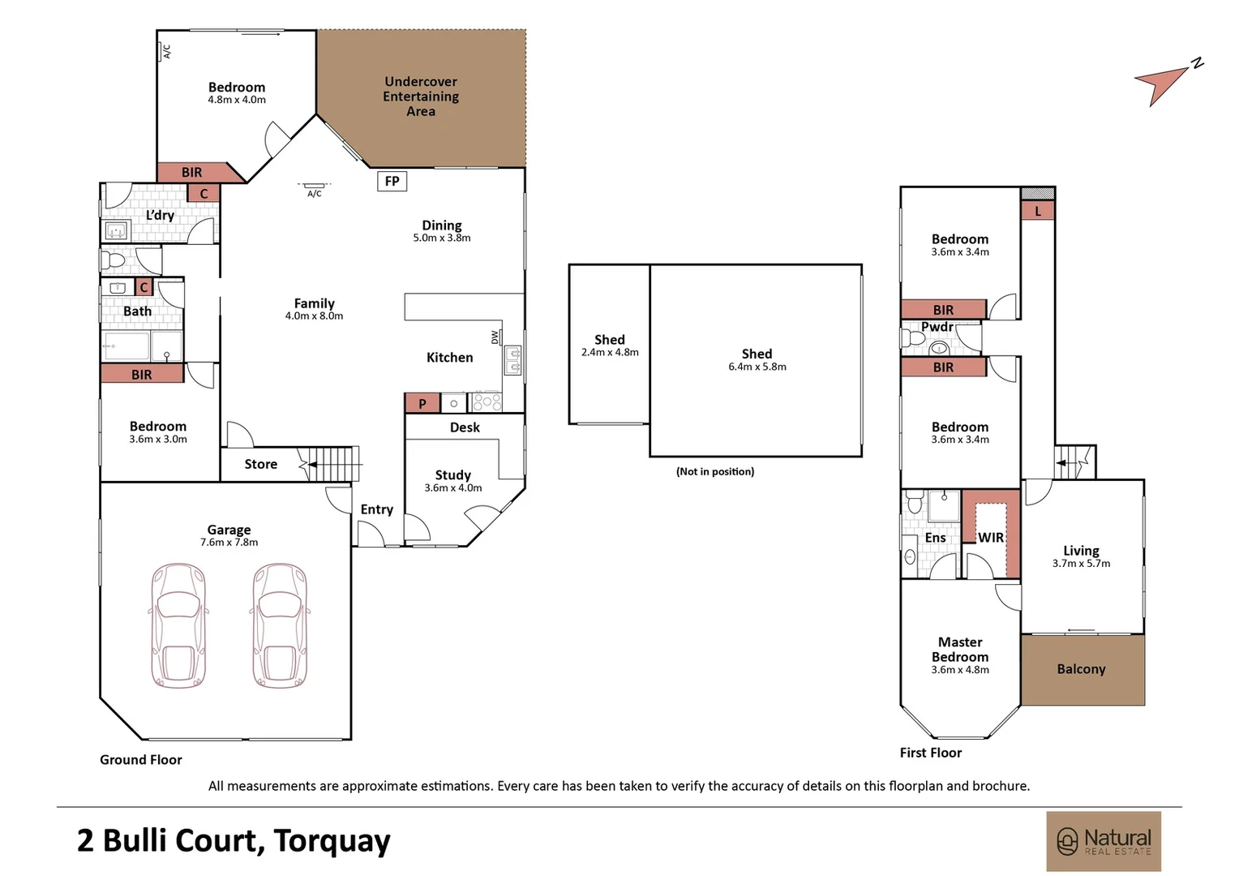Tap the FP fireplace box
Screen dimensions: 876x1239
(x=392, y=181)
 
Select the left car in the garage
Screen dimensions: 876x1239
(x=178, y=625)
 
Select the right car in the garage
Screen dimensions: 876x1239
(x=280, y=625)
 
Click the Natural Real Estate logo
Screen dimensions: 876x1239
(x=1103, y=841)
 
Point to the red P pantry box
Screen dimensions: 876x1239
(x=422, y=403)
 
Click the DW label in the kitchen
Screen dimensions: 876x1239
(x=495, y=337)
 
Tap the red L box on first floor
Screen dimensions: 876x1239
(x=1037, y=211)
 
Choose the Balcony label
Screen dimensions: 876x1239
(x=1081, y=669)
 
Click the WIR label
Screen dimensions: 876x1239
(x=990, y=538)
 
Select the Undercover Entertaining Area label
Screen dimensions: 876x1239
(x=421, y=97)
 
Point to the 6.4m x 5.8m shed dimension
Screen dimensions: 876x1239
(x=757, y=367)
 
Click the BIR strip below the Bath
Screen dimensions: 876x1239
(x=142, y=374)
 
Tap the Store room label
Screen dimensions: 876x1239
(x=260, y=464)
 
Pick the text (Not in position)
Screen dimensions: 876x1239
(x=715, y=471)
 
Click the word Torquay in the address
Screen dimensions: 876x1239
(x=332, y=841)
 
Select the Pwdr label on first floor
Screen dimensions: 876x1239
(x=937, y=327)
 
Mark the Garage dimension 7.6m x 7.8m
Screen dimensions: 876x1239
(x=229, y=543)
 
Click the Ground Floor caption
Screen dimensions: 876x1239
(x=141, y=760)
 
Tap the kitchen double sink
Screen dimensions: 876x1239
(x=512, y=360)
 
